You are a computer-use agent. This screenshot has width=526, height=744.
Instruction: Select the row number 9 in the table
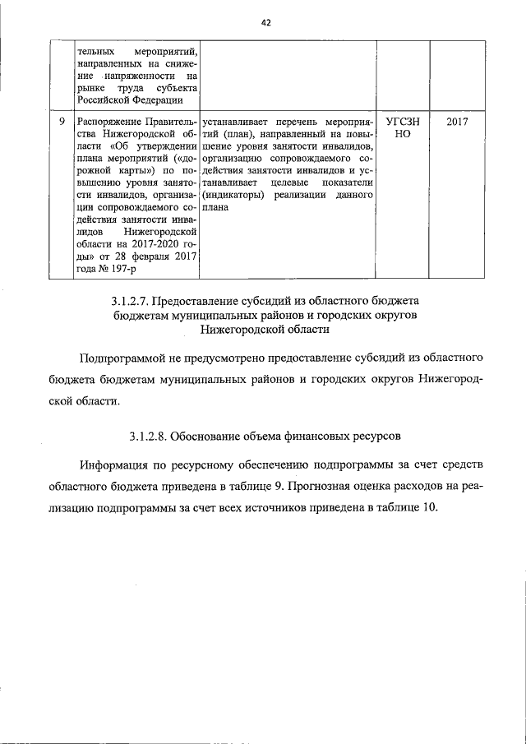point(61,121)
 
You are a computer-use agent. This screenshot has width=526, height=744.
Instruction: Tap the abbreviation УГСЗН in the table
point(399,121)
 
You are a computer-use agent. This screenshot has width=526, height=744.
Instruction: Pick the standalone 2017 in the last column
point(456,121)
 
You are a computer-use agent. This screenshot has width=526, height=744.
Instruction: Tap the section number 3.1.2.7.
point(134,301)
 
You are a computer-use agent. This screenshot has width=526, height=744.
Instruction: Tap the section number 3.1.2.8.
point(152,434)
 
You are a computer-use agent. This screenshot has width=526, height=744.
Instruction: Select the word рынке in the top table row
point(91,88)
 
